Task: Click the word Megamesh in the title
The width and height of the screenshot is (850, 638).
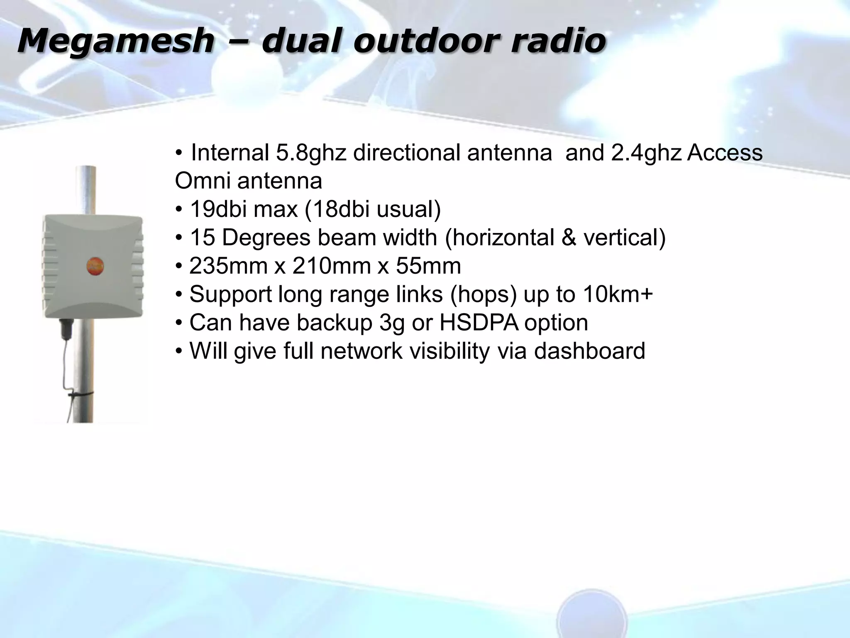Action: click(x=116, y=41)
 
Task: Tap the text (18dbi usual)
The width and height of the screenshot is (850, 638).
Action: click(x=372, y=209)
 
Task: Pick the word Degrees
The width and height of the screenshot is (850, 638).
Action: click(x=266, y=238)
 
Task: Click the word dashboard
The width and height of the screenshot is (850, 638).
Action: click(x=589, y=351)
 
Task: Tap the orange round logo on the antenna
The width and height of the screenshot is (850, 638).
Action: click(x=95, y=265)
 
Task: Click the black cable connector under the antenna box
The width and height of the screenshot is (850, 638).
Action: click(x=66, y=329)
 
